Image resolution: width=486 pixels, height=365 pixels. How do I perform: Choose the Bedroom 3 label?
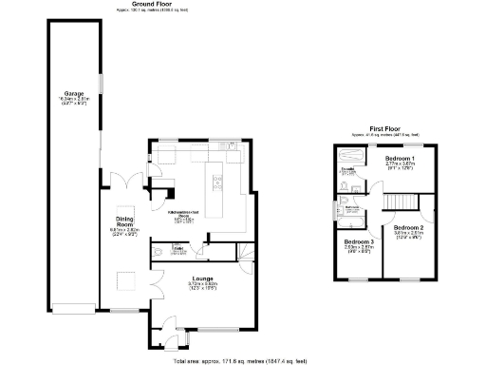pyautogui.click(x=359, y=242)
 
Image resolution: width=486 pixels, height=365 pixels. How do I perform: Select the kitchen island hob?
pyautogui.click(x=215, y=176)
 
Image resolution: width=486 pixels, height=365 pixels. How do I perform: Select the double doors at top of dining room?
pyautogui.click(x=119, y=183)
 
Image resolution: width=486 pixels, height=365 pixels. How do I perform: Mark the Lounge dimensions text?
pyautogui.click(x=200, y=286)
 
